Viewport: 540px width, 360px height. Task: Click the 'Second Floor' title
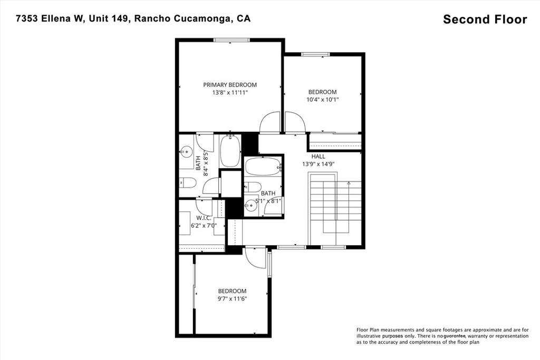click(x=485, y=20)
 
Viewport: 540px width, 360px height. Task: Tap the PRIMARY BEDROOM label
click(x=230, y=85)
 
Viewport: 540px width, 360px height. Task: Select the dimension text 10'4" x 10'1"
click(x=322, y=99)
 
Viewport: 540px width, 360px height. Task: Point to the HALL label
click(x=318, y=157)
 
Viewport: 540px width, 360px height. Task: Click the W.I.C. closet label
click(x=204, y=218)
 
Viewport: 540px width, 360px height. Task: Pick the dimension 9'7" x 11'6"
click(x=232, y=298)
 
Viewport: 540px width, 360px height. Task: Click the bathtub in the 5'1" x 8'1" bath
click(x=263, y=166)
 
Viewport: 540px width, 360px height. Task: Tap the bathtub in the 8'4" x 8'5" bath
click(x=230, y=151)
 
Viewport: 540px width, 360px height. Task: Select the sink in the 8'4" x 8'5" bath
click(x=185, y=152)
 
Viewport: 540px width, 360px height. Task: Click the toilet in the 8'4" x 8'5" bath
click(x=188, y=183)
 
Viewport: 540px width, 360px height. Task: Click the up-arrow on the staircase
click(x=349, y=182)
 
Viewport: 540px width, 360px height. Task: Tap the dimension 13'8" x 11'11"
click(x=230, y=92)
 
